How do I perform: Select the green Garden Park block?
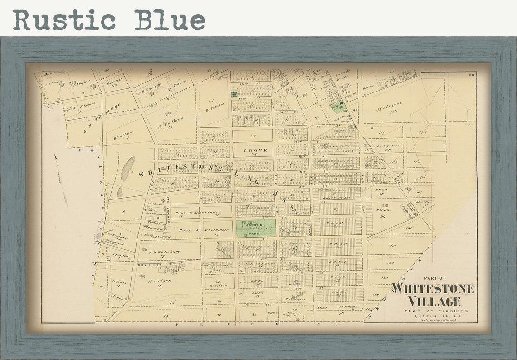(256, 229)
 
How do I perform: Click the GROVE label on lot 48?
(255, 150)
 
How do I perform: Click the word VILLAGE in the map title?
(434, 301)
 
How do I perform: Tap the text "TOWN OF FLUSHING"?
(434, 311)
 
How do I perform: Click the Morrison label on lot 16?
(158, 281)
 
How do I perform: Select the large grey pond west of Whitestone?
(128, 168)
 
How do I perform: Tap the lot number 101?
(393, 246)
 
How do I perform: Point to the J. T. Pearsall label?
(348, 306)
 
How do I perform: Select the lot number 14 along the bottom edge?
(166, 316)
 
